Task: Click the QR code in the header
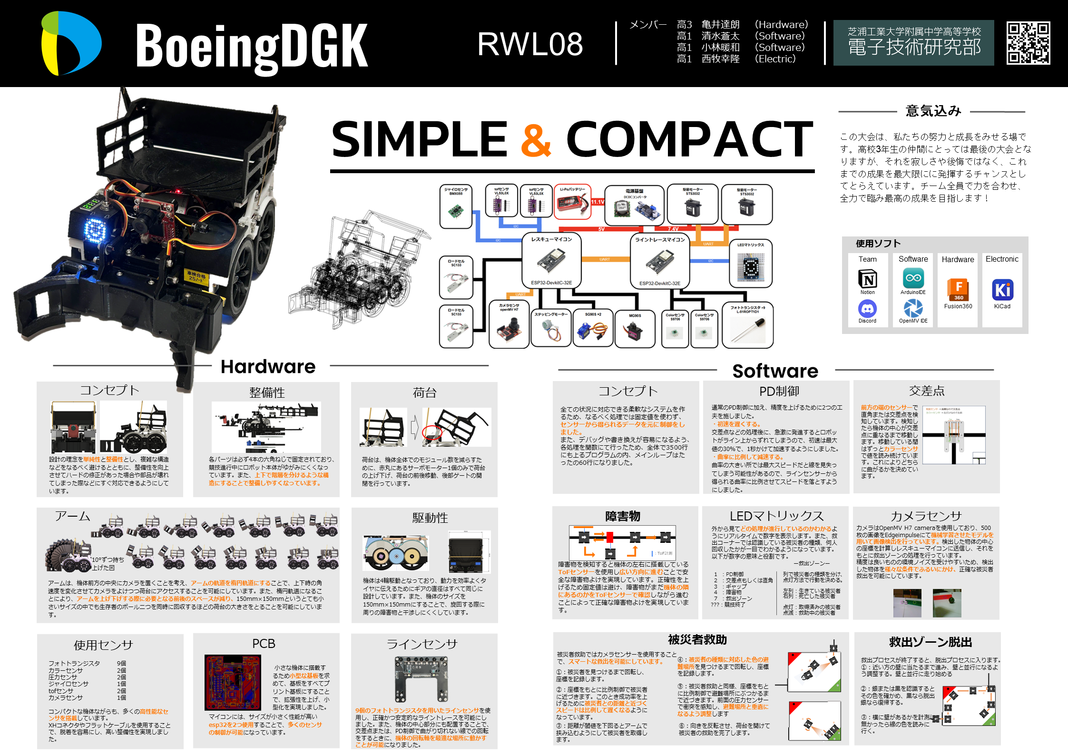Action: click(x=1028, y=43)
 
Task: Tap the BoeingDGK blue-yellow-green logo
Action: click(x=71, y=43)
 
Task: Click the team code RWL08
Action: click(x=530, y=44)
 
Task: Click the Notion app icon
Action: click(x=867, y=279)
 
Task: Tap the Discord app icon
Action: click(x=867, y=309)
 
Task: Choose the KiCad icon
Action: click(x=1002, y=290)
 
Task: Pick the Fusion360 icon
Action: click(x=958, y=290)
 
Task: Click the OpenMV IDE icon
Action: click(x=913, y=308)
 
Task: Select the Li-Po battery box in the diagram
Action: click(x=573, y=202)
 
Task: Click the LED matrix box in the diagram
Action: click(x=751, y=263)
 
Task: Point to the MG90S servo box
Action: click(x=635, y=328)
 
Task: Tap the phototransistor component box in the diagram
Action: click(x=747, y=325)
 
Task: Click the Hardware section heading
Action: click(x=268, y=366)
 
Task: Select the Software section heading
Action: click(x=775, y=371)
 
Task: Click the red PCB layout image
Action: click(x=233, y=682)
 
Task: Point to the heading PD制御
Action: click(x=779, y=391)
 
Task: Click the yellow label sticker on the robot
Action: click(x=196, y=276)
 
